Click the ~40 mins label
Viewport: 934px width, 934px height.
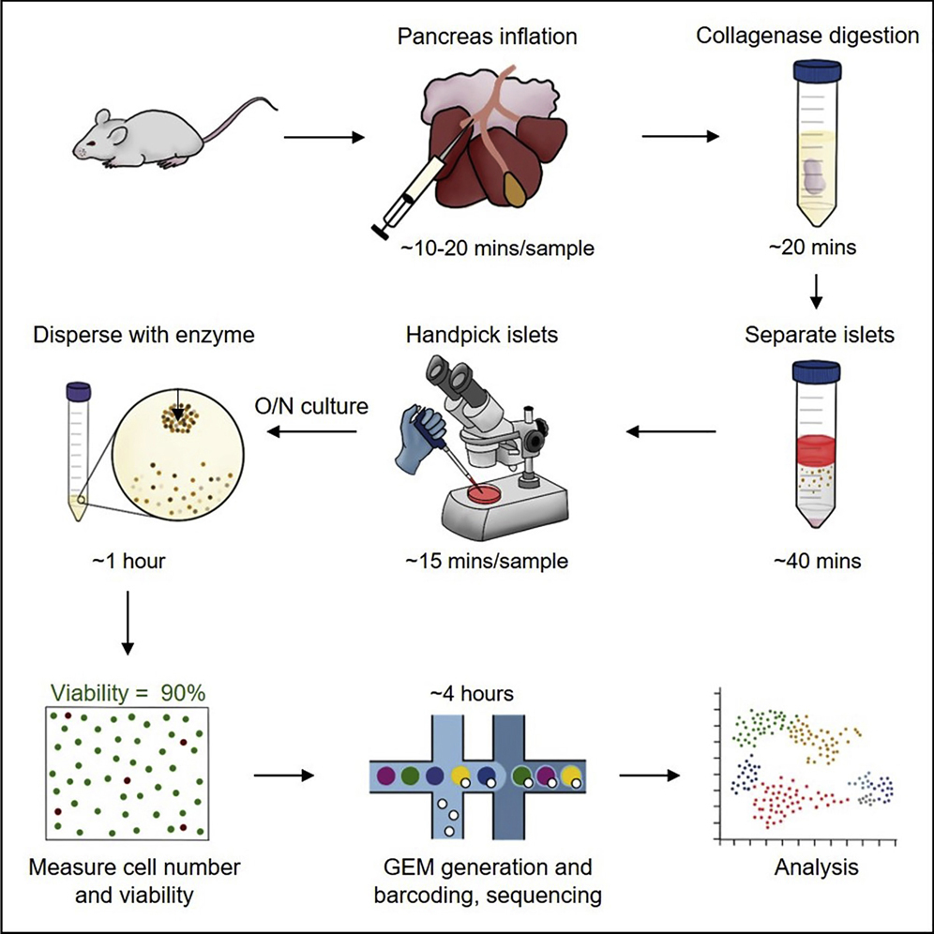(x=816, y=562)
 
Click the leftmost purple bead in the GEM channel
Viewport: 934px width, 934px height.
(x=385, y=776)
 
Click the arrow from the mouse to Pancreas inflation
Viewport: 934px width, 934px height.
(x=323, y=139)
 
